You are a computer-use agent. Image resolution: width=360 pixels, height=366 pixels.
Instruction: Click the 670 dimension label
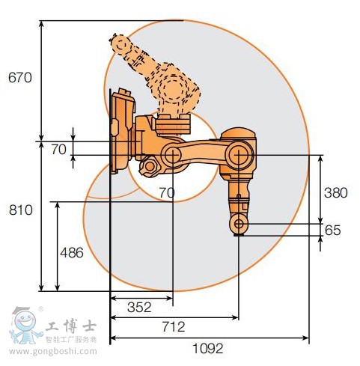click(20, 78)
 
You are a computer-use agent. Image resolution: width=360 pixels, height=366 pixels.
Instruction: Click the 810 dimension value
click(21, 210)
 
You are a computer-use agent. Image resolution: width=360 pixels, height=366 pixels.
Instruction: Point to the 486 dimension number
click(72, 253)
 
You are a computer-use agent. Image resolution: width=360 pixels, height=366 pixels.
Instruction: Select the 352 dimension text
click(139, 308)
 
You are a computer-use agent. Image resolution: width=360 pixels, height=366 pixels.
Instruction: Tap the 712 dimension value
click(174, 327)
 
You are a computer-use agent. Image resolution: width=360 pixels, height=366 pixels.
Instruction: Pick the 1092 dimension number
click(208, 348)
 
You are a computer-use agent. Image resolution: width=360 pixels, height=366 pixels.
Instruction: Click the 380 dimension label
click(336, 193)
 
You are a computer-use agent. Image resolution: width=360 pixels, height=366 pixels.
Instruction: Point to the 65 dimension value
click(333, 230)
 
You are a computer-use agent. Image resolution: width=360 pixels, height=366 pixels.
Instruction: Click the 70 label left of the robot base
click(59, 150)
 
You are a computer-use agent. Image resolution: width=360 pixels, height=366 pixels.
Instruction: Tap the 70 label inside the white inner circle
click(167, 193)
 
